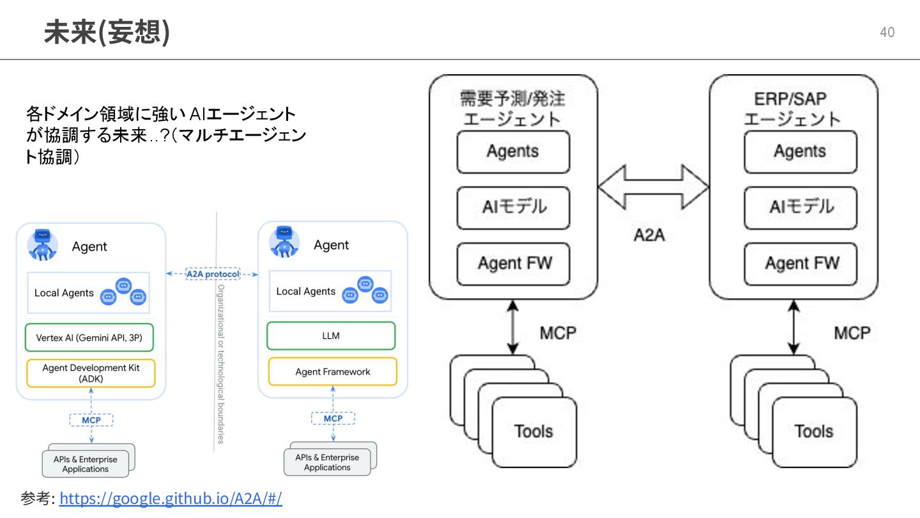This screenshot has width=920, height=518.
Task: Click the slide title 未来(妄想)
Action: click(x=107, y=31)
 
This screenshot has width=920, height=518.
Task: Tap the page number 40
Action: click(x=887, y=32)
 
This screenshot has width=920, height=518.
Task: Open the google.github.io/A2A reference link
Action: click(x=171, y=498)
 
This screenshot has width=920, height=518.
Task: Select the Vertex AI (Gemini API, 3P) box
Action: click(x=89, y=338)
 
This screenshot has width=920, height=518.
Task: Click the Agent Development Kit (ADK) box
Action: click(x=91, y=373)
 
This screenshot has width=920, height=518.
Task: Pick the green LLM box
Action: click(x=331, y=336)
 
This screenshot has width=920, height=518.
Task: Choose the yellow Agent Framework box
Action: click(x=332, y=372)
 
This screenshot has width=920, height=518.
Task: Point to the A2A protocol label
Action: click(x=212, y=274)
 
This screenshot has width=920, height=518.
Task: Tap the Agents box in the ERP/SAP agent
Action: click(x=800, y=152)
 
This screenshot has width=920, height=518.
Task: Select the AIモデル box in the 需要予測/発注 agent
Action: click(x=513, y=207)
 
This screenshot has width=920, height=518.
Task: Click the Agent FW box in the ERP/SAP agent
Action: click(x=800, y=263)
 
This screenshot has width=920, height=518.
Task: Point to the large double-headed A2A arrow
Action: click(x=653, y=187)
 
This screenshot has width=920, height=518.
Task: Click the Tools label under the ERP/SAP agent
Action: click(x=813, y=431)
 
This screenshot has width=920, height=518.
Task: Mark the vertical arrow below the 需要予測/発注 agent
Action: click(x=512, y=327)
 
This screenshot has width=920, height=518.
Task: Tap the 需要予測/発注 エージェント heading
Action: click(x=512, y=108)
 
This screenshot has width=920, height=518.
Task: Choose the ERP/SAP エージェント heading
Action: click(x=792, y=108)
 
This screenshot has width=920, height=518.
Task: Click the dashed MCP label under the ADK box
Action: click(x=91, y=420)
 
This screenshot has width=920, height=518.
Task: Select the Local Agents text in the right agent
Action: click(x=305, y=292)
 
